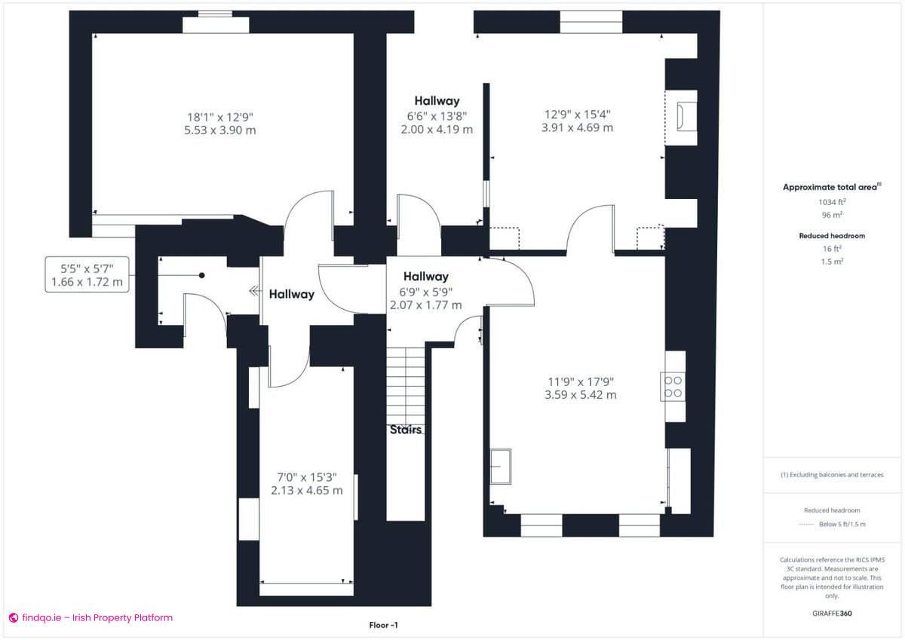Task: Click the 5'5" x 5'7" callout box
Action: click(86, 274)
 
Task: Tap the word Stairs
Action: click(406, 430)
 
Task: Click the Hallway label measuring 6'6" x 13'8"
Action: click(437, 101)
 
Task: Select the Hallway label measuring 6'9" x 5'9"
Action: click(425, 277)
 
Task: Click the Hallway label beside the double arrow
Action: click(292, 294)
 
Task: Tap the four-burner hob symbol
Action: click(673, 387)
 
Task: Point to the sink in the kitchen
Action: click(500, 467)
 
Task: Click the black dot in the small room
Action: click(202, 275)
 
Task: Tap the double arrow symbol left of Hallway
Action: click(255, 291)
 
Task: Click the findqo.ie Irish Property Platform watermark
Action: click(90, 617)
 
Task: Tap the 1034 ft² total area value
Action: click(832, 202)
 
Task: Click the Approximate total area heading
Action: click(830, 187)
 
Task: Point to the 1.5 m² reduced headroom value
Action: click(832, 261)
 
